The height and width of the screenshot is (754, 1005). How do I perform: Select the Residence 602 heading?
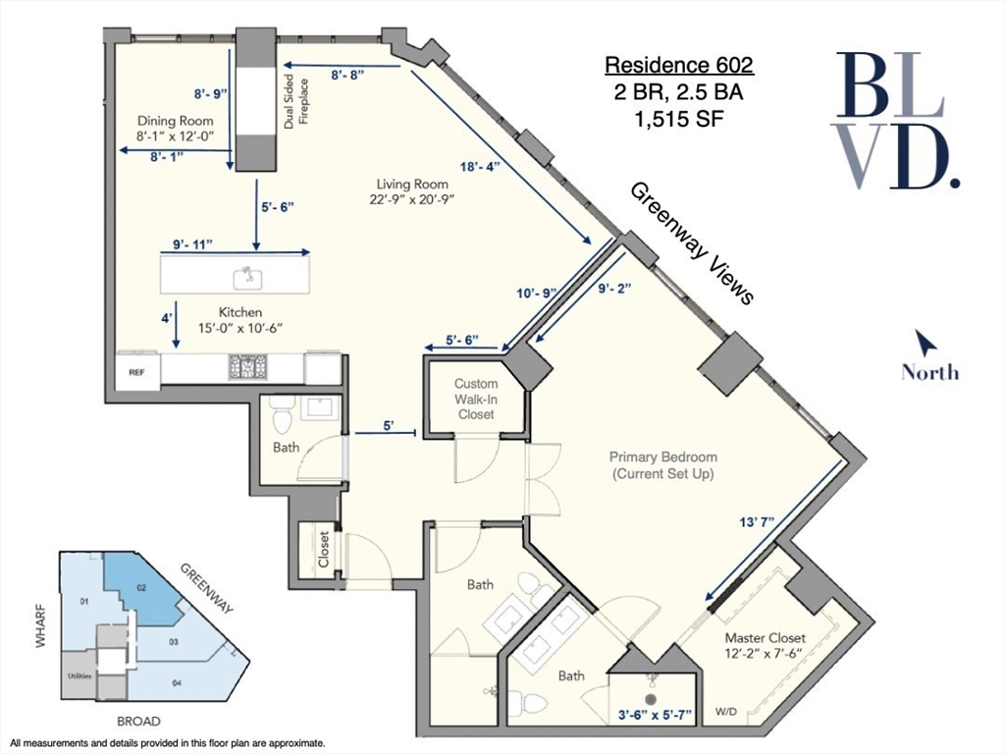678,66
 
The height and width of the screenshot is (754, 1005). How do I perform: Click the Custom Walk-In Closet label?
477,399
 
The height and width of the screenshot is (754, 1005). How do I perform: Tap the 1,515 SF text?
678,122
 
